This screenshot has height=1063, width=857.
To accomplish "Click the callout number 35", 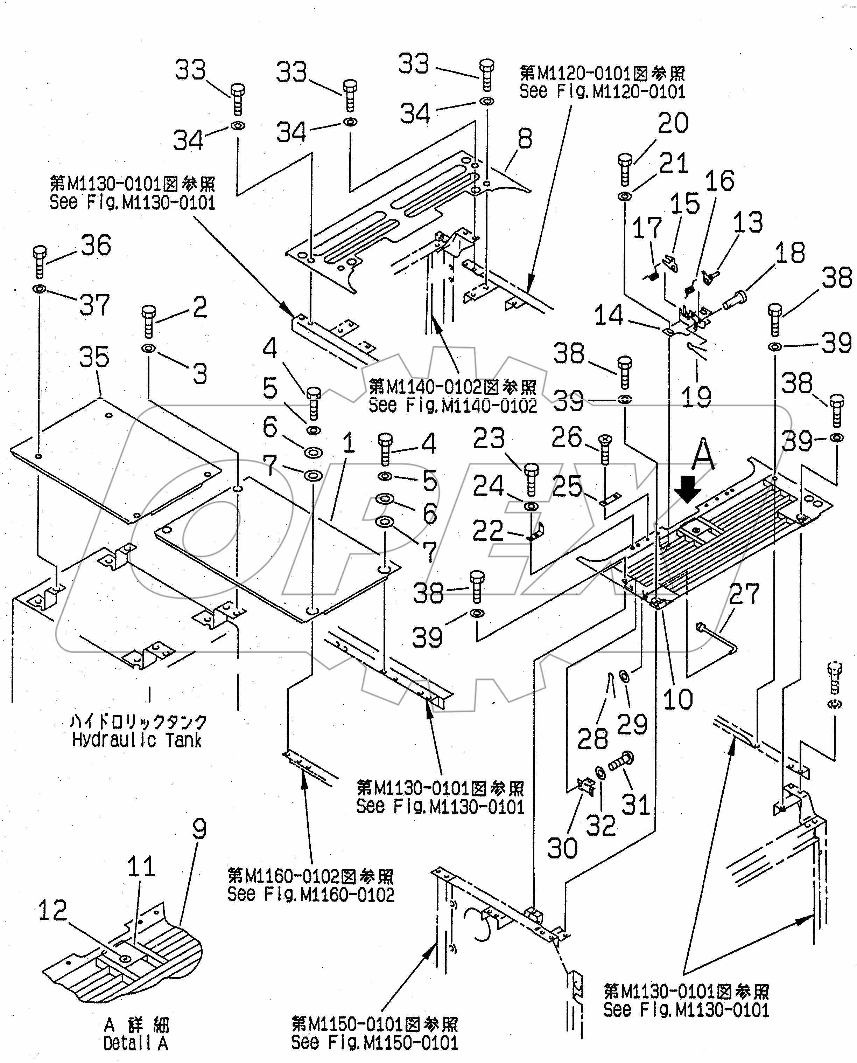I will [x=94, y=357].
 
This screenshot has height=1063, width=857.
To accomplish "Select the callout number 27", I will [x=744, y=594].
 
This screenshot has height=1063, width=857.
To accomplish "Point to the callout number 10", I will [x=678, y=699].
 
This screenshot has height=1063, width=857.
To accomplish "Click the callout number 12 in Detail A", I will [x=52, y=910].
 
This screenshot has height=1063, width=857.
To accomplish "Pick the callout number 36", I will [x=96, y=246].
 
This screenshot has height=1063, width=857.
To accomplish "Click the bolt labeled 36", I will [x=40, y=261].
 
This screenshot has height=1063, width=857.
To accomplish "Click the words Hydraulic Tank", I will [x=137, y=740].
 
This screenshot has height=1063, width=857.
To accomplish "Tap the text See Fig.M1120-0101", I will [x=602, y=92].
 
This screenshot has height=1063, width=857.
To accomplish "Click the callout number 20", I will [x=673, y=123].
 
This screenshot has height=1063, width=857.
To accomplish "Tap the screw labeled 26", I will [x=606, y=449].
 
